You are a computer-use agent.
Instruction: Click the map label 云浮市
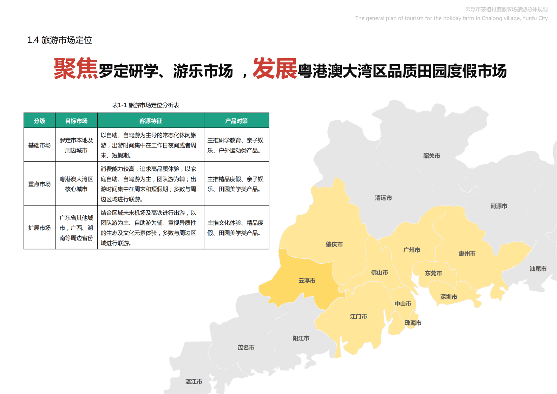pos(307,281)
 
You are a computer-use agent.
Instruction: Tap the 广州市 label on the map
pos(412,250)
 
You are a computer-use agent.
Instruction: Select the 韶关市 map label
pos(432,156)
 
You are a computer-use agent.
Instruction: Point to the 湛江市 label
pos(194,381)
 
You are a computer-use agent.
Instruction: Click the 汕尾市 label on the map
pos(538,269)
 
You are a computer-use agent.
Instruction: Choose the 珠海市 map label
pos(413,323)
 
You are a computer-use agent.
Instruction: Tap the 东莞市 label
pos(433,273)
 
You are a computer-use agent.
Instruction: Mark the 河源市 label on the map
pos(499,206)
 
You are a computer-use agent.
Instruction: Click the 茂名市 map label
pos(246,347)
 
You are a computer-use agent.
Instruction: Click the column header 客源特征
pos(151,121)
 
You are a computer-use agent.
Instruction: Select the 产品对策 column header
pos(236,121)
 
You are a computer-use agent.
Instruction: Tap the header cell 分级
pos(39,121)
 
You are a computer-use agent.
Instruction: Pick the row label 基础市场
pos(39,145)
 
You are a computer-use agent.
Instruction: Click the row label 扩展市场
pos(39,228)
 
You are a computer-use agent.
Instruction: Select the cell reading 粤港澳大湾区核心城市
pos(76,184)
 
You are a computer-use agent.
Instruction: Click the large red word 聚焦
pos(76,68)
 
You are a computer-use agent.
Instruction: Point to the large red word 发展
pos(275,68)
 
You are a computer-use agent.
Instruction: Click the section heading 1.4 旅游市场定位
pos(60,40)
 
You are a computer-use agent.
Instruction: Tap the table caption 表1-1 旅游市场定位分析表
pos(145,105)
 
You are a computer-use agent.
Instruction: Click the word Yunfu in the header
pos(529,18)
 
